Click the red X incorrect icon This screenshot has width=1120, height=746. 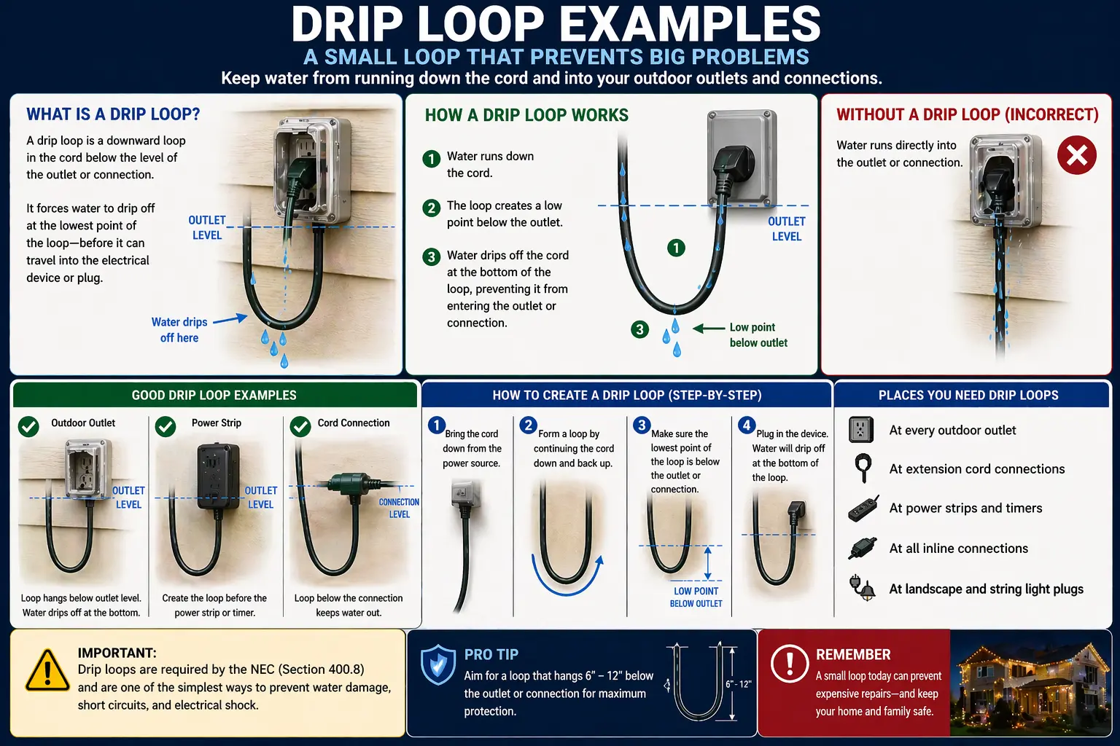1076,155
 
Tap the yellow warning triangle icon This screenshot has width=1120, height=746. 47,671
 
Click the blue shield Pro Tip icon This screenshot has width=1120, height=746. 438,664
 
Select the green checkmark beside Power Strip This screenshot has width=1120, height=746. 166,426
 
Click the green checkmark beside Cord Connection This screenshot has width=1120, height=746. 300,426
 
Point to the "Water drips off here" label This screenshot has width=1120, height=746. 179,330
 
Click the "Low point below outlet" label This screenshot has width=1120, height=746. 758,335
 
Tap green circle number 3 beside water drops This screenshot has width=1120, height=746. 639,329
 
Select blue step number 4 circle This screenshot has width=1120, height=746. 746,425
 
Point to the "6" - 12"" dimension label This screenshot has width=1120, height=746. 738,684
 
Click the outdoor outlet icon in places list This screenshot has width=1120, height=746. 861,430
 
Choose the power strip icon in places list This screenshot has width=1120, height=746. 863,509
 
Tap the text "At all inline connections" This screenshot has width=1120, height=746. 958,549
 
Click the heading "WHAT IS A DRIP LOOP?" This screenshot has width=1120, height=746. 113,114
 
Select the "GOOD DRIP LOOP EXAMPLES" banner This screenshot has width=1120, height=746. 214,395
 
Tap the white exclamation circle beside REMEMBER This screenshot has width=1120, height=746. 789,663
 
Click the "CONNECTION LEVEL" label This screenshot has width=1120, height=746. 399,508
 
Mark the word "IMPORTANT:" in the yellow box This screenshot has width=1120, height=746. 117,653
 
